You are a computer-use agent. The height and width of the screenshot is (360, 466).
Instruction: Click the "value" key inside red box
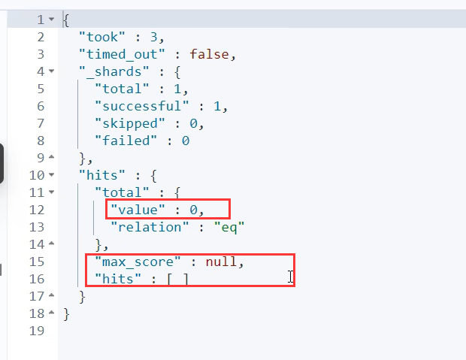138,209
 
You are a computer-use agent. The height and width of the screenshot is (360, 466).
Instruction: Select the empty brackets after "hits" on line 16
179,280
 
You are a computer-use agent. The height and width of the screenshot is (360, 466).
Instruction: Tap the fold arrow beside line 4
51,71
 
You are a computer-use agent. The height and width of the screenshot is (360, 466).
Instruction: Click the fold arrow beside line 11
51,192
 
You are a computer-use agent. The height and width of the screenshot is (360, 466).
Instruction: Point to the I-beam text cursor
291,278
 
